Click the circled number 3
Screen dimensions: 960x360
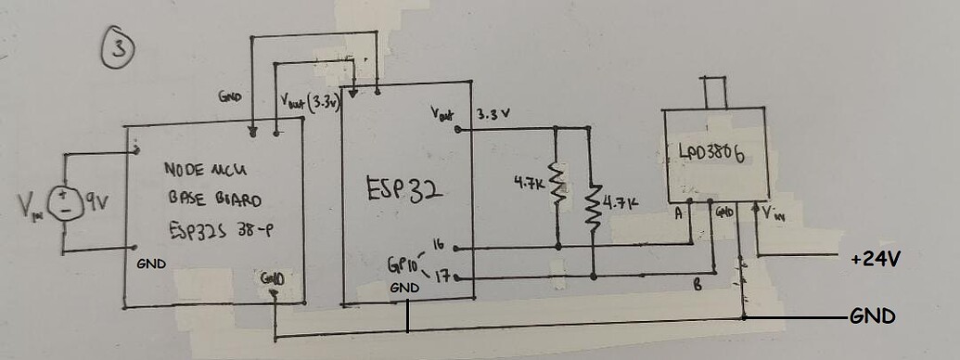118,47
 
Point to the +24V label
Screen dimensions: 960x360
874,259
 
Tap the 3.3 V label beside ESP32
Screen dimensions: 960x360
494,115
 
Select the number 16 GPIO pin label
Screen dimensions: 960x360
439,244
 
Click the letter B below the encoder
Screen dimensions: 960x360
699,287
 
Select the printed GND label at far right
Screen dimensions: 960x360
873,316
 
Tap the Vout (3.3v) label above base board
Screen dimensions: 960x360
310,101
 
